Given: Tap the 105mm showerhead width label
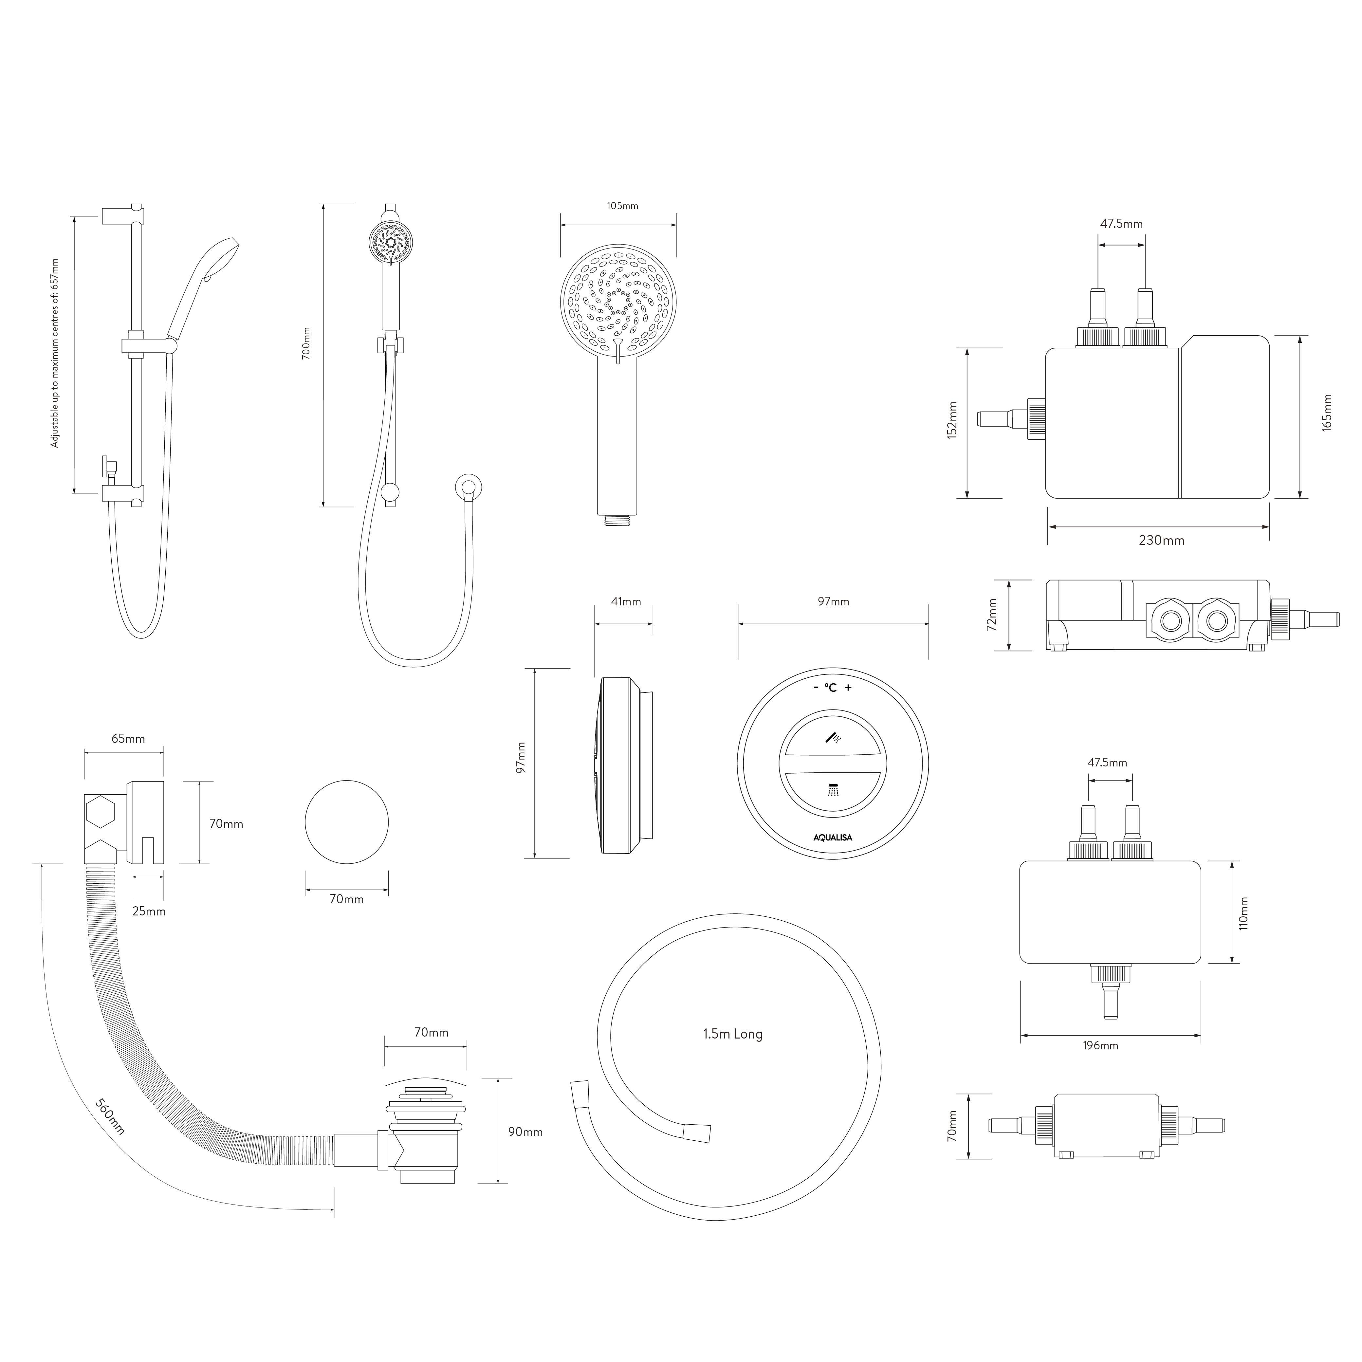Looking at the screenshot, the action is [622, 206].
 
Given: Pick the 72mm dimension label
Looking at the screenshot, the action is [993, 615].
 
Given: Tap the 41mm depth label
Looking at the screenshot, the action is [626, 601].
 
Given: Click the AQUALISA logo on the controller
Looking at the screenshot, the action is [833, 837].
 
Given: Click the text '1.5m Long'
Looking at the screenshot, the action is [732, 1034].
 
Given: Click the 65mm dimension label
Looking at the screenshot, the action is [128, 739].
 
